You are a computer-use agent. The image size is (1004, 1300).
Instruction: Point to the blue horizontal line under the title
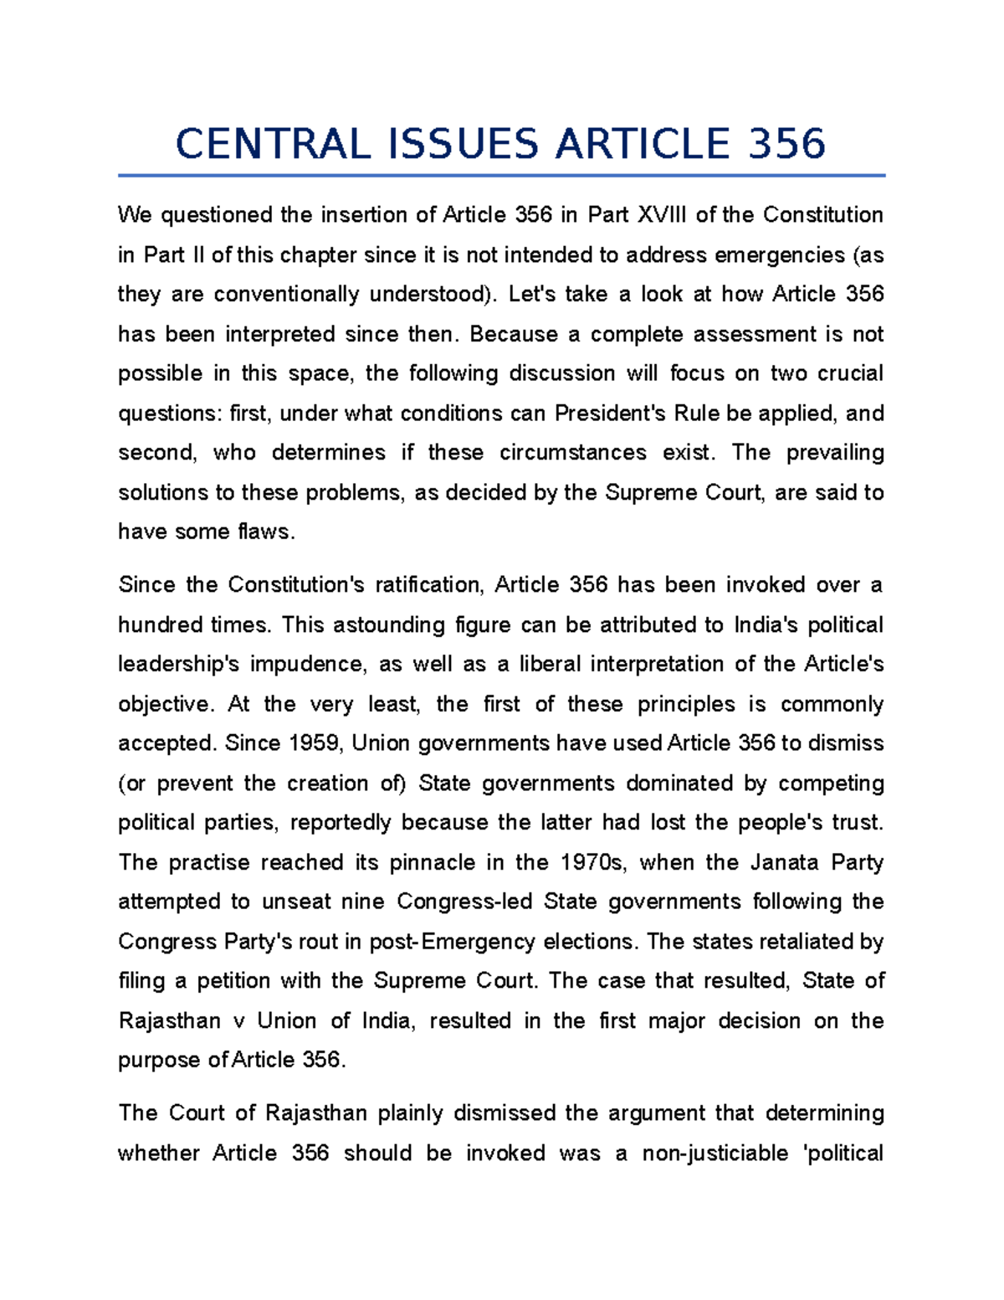click(x=501, y=176)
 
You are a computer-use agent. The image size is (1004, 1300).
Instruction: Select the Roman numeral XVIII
click(x=662, y=215)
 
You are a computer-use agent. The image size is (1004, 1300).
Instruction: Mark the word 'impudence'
click(x=309, y=664)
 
